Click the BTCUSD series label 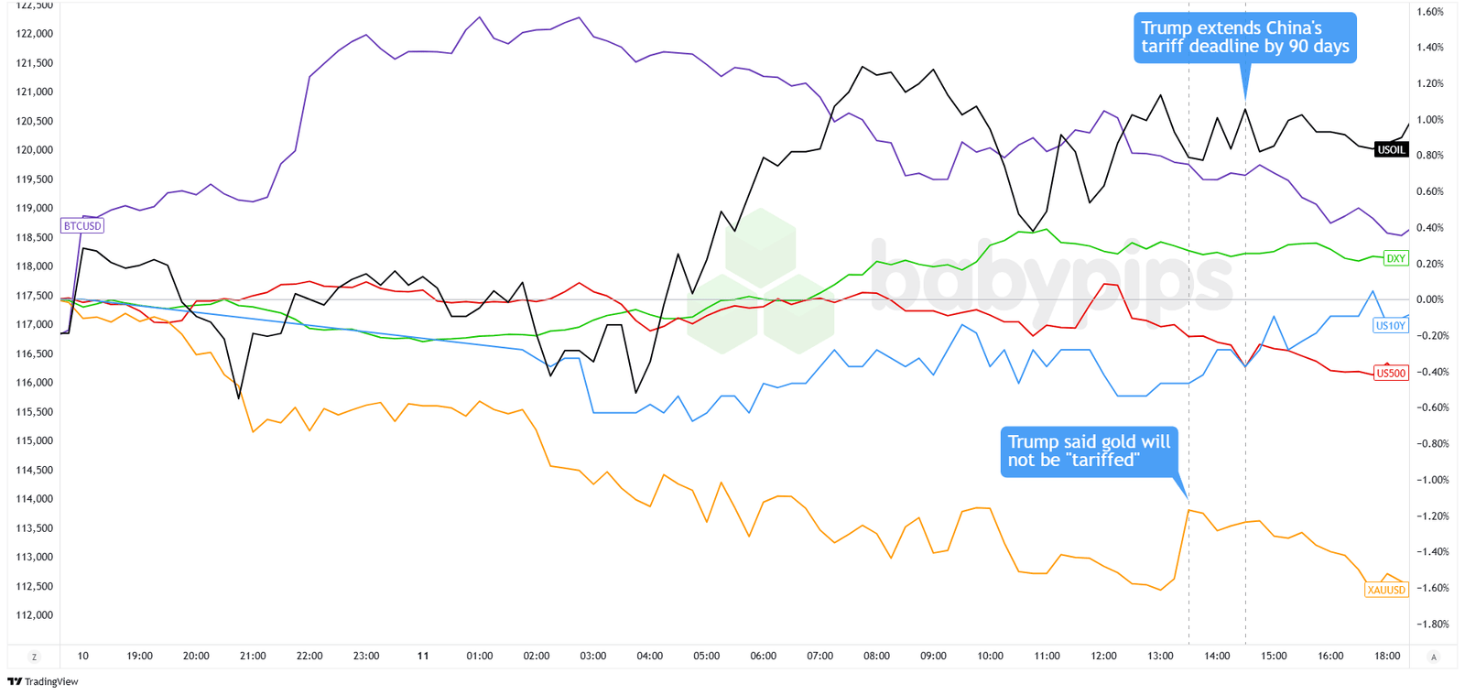tap(82, 226)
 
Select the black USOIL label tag tap(1391, 150)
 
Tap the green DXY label tap(1395, 258)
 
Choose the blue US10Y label tap(1390, 325)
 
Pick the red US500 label tap(1391, 374)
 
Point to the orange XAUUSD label tap(1385, 590)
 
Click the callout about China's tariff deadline tap(1244, 38)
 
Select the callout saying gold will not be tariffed tap(1089, 451)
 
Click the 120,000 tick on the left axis tap(35, 150)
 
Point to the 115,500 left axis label tap(35, 412)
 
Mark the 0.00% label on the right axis tap(1430, 299)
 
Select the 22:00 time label tap(309, 656)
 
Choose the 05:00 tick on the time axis tap(706, 656)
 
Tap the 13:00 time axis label tap(1160, 656)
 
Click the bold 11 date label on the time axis tap(422, 656)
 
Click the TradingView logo tap(43, 681)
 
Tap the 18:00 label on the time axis tap(1387, 656)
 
